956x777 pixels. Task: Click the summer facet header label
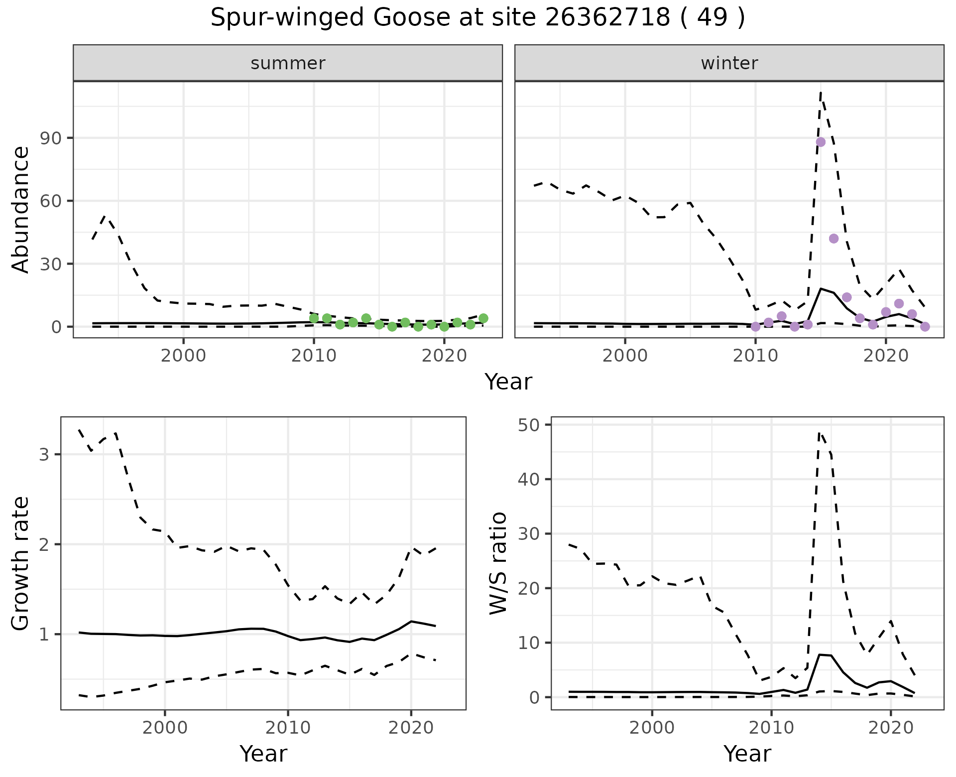[x=288, y=63]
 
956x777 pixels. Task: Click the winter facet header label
[x=729, y=63]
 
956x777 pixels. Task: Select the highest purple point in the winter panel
[x=821, y=142]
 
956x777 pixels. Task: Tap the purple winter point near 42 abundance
[x=834, y=239]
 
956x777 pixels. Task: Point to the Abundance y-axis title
[x=21, y=209]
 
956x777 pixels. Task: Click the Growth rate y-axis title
[x=21, y=563]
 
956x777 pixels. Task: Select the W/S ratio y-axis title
[x=498, y=563]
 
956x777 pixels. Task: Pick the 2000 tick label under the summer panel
[x=183, y=356]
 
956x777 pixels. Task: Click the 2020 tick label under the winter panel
[x=886, y=356]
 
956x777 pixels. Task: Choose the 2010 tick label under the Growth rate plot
[x=287, y=728]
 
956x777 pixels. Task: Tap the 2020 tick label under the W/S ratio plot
[x=890, y=728]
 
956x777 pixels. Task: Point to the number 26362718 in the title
[x=607, y=18]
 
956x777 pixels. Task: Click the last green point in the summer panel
[x=483, y=318]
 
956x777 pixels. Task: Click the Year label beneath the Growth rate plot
[x=263, y=754]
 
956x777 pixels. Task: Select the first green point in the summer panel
[x=314, y=318]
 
